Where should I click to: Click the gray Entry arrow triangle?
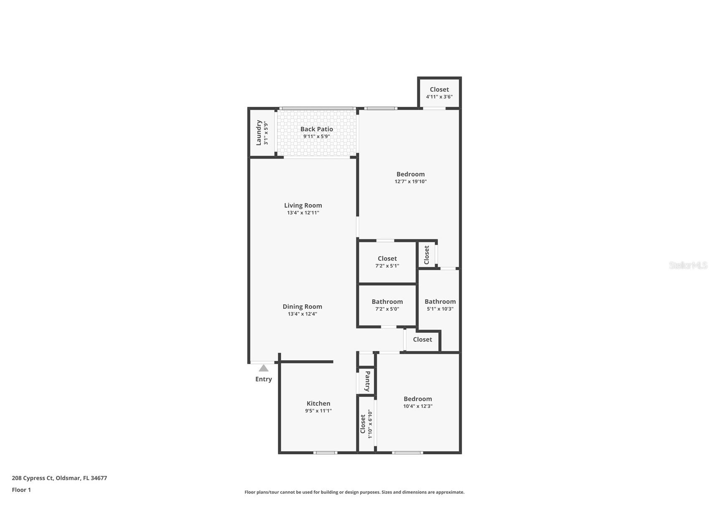(x=263, y=368)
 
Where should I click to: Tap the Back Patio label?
(x=316, y=129)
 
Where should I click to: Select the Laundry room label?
(x=259, y=133)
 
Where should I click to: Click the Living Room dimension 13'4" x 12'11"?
(x=303, y=213)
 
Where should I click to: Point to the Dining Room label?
(x=302, y=306)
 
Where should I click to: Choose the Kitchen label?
(x=318, y=403)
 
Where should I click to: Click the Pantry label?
(x=367, y=381)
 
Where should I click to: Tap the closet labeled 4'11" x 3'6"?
(x=439, y=93)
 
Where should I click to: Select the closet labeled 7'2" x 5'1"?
(x=387, y=262)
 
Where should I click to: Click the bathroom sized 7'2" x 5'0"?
(x=387, y=305)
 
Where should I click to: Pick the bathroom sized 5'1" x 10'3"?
(x=440, y=305)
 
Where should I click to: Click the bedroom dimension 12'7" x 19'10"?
(x=410, y=182)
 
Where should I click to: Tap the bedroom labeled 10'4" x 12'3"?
(x=417, y=402)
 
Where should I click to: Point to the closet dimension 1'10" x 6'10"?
(x=370, y=424)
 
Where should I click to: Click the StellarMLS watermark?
(x=688, y=265)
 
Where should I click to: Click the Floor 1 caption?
(x=21, y=490)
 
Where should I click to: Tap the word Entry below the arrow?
(x=263, y=379)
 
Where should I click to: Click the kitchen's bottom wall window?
(x=325, y=453)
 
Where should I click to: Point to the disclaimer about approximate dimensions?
(x=354, y=492)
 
